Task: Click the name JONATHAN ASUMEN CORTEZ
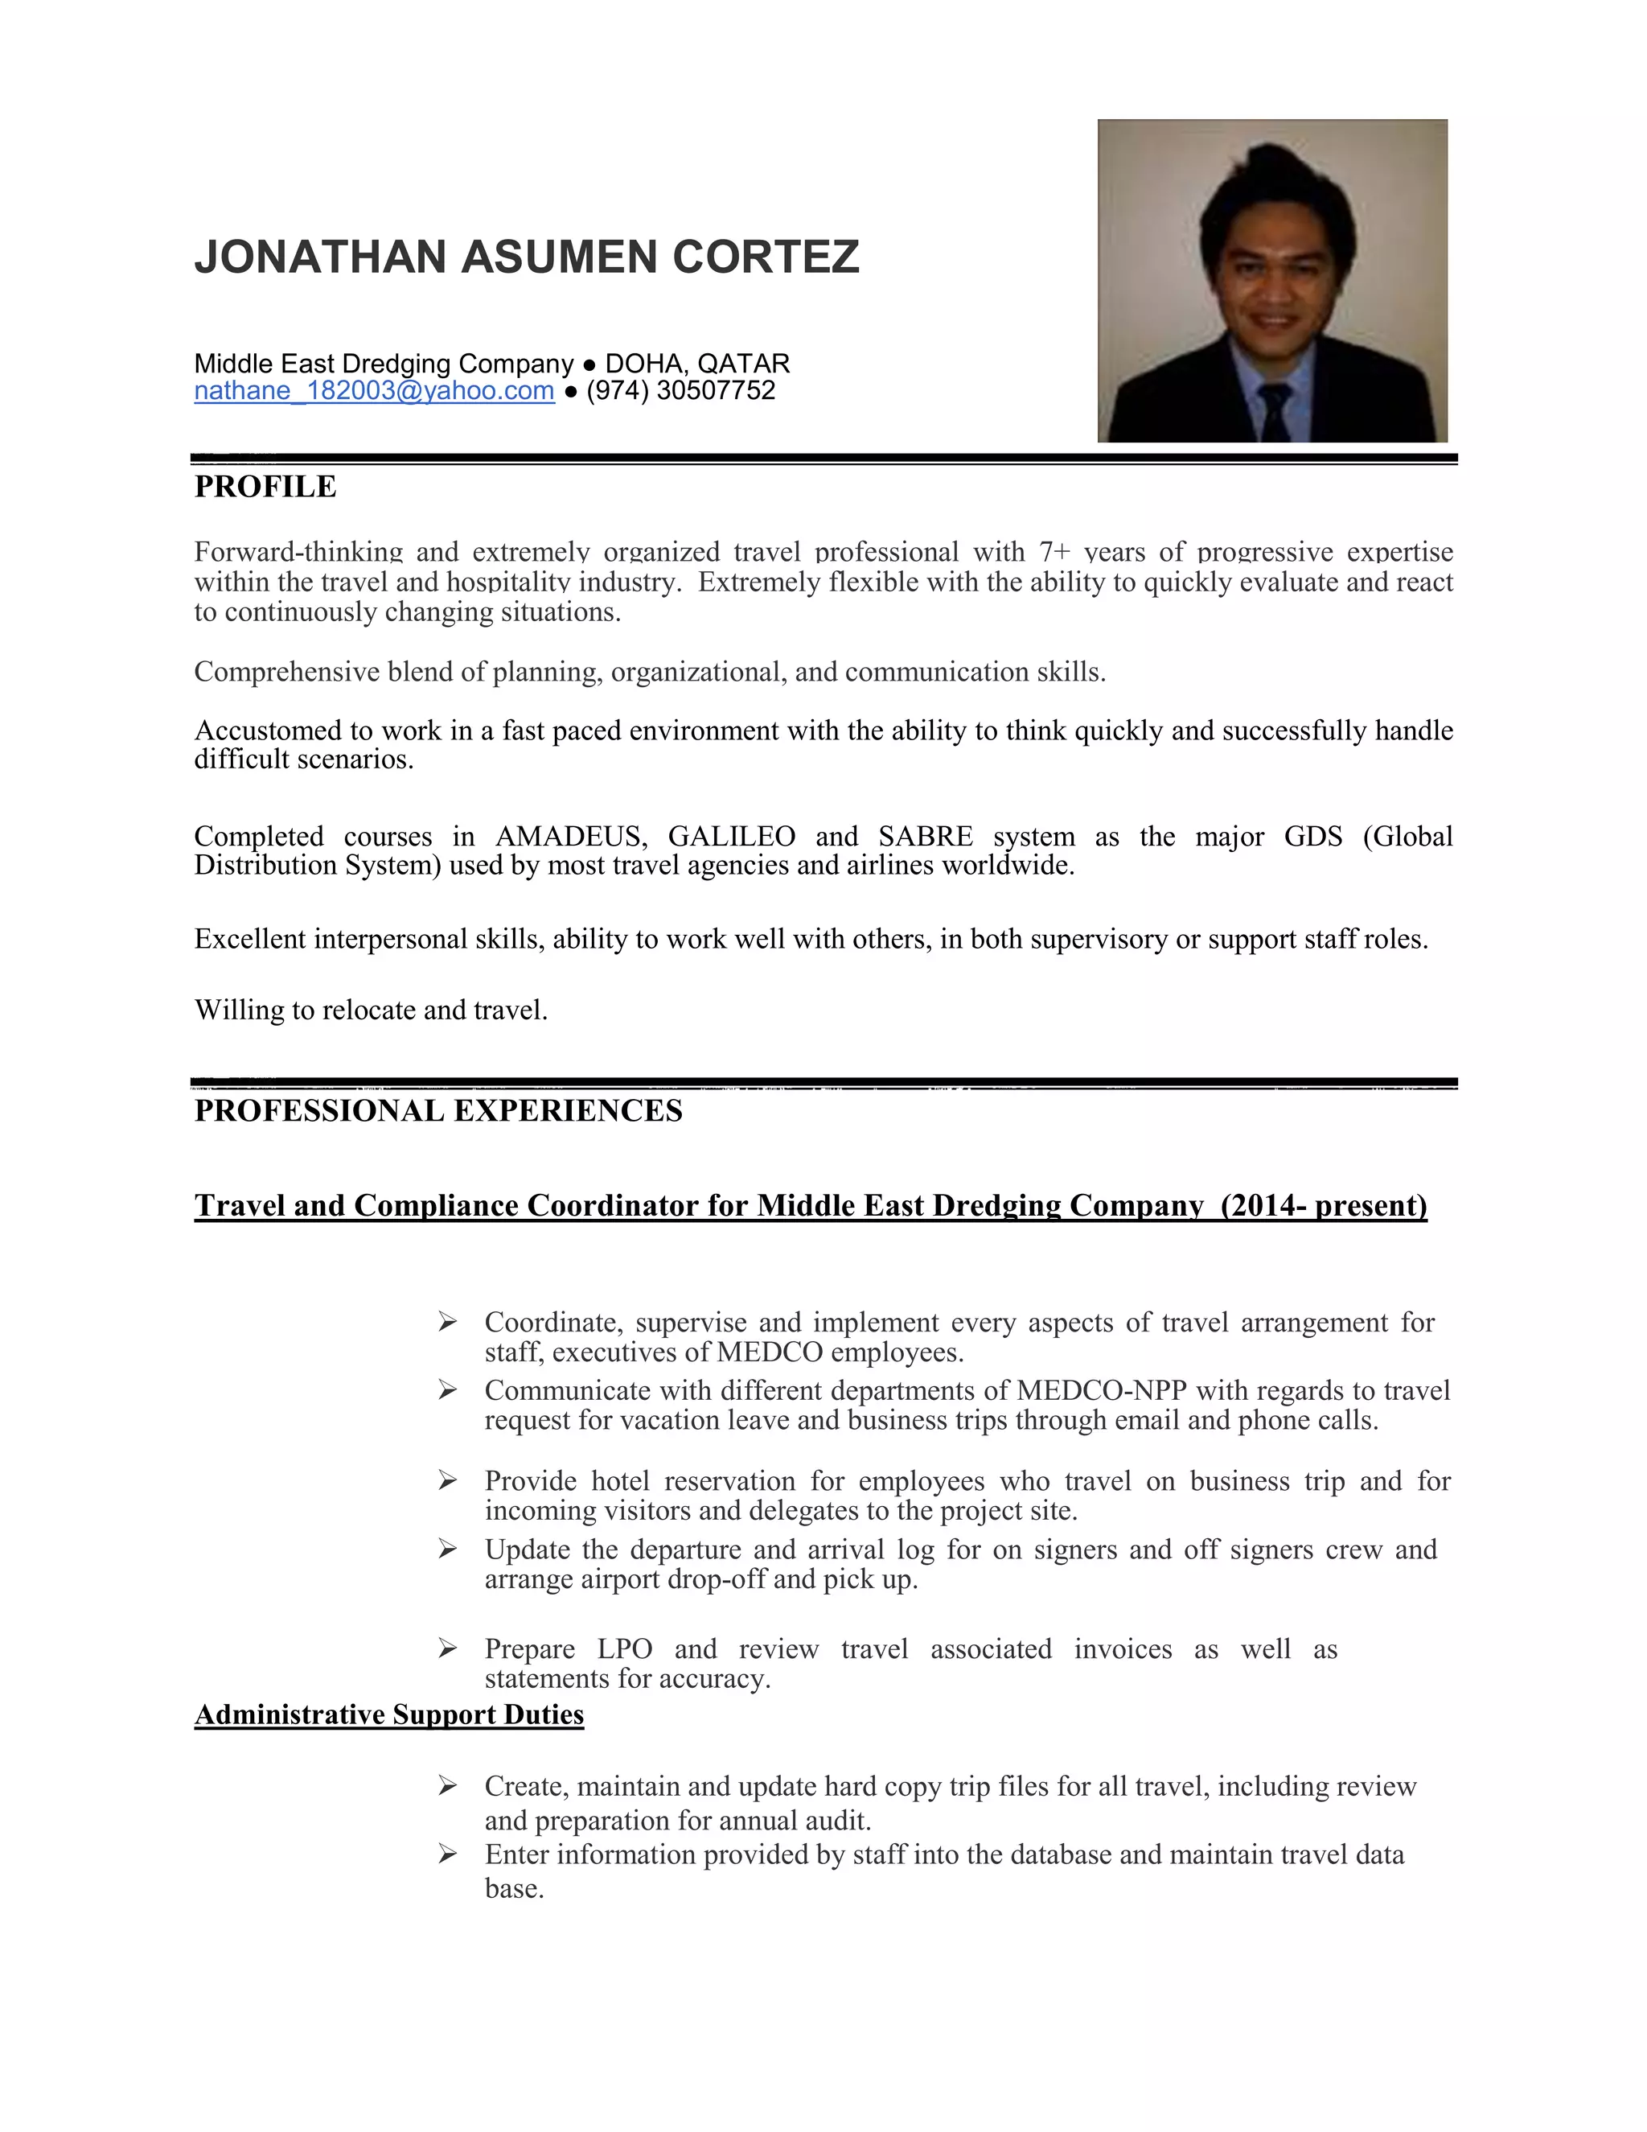(x=527, y=257)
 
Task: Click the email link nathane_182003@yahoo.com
(x=374, y=390)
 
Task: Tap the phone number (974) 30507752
(x=680, y=390)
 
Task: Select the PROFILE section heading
(x=265, y=486)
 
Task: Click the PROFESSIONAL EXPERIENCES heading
(x=438, y=1111)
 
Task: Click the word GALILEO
(x=731, y=837)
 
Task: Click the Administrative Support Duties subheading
(x=388, y=1714)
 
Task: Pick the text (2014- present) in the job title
(x=1323, y=1206)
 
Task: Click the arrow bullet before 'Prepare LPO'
(x=447, y=1648)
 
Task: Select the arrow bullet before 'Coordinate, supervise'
(x=447, y=1322)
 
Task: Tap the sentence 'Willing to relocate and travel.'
(x=371, y=1010)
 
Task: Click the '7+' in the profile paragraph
(x=1055, y=553)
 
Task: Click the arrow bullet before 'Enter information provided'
(x=447, y=1854)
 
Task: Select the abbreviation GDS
(x=1312, y=837)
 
